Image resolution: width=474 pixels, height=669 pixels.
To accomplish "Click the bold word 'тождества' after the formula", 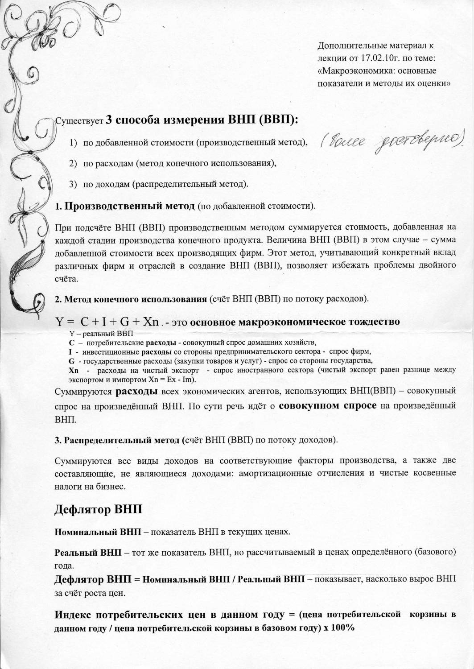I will click(x=368, y=322).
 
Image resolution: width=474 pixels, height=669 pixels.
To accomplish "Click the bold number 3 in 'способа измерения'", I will click(x=110, y=120).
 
